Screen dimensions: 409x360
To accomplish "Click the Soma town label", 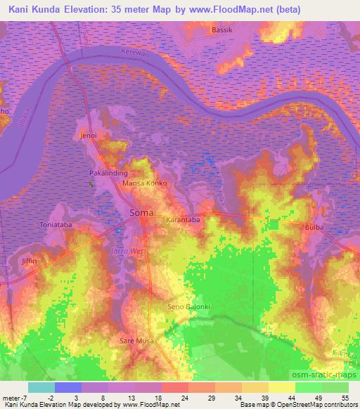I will coord(143,212).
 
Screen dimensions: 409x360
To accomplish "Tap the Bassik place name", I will coord(224,30).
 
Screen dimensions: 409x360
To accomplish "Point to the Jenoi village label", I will coord(89,135).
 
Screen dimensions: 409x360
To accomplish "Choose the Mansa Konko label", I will coord(144,183).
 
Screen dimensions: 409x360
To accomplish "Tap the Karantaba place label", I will coord(183,220).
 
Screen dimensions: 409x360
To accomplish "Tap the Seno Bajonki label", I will coord(188,307).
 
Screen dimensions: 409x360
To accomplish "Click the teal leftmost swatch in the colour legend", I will coord(41,387).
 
